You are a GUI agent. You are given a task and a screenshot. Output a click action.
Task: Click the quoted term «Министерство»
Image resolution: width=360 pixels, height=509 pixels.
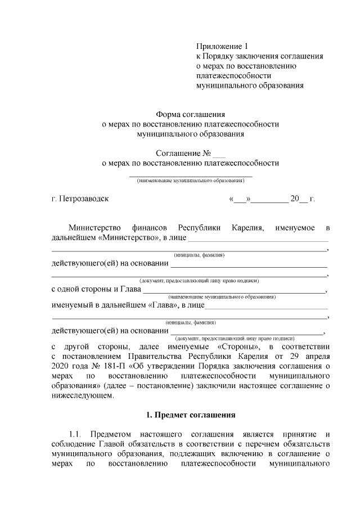point(129,238)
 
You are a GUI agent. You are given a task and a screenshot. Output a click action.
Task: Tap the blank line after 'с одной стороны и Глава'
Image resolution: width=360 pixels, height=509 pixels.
point(233,290)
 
